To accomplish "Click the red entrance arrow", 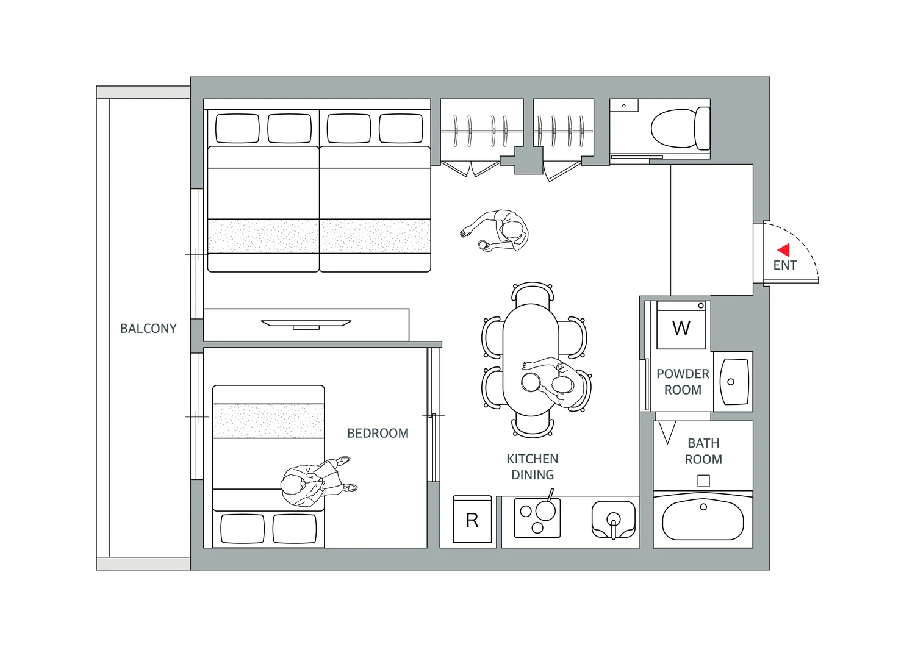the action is [x=784, y=250].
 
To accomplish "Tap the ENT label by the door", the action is [x=784, y=265].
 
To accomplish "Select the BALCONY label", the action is [x=148, y=329].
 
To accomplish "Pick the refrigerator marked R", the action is [x=472, y=519].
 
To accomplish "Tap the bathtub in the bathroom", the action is [x=703, y=520].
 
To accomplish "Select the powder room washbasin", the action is [x=734, y=382].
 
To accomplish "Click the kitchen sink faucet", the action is [x=613, y=525].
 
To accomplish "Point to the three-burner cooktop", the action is [x=537, y=518].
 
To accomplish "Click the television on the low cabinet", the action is [x=306, y=324].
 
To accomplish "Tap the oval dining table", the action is [x=531, y=360].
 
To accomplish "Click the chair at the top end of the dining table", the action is [x=533, y=293].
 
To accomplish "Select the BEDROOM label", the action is [x=378, y=433].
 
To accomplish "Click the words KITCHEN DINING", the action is [x=533, y=467].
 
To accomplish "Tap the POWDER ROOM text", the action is [x=683, y=382].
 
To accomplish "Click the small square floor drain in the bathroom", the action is [x=703, y=481].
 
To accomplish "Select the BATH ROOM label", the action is [x=703, y=451].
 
